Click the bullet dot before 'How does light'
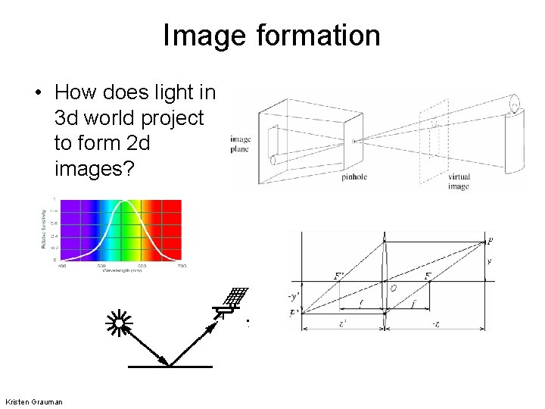pyautogui.click(x=37, y=93)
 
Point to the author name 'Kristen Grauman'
pyautogui.click(x=33, y=401)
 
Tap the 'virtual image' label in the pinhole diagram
pyautogui.click(x=459, y=181)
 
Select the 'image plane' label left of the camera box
pyautogui.click(x=240, y=144)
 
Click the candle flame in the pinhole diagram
pyautogui.click(x=515, y=100)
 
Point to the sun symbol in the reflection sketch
pyautogui.click(x=119, y=324)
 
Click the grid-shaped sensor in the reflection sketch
pyautogui.click(x=238, y=296)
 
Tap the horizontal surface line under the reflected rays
pyautogui.click(x=170, y=367)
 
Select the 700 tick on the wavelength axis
pyautogui.click(x=182, y=266)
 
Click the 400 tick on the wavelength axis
pyautogui.click(x=61, y=266)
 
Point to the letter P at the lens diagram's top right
pyautogui.click(x=490, y=242)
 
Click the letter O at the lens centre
pyautogui.click(x=394, y=289)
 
